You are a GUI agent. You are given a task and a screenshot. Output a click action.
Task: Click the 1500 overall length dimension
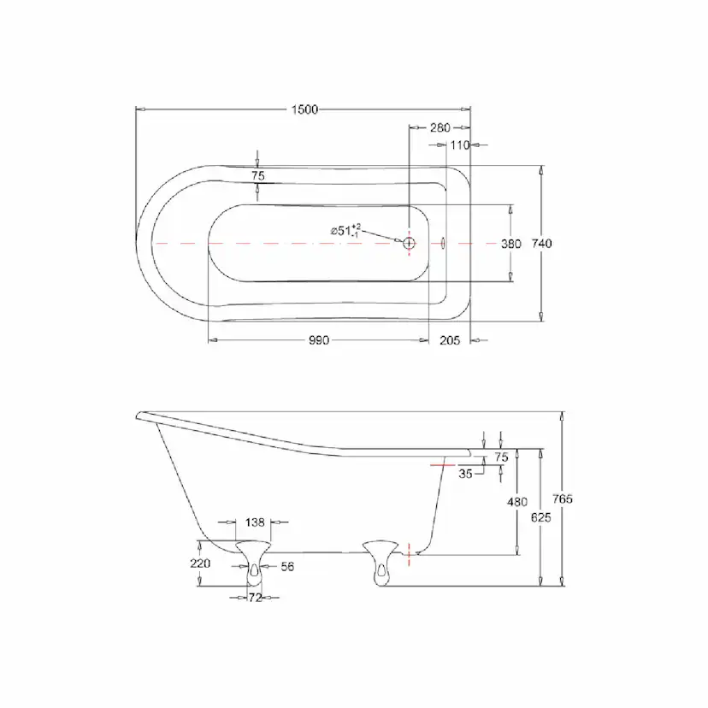[304, 109]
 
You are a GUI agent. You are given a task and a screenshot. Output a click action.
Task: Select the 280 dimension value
[440, 127]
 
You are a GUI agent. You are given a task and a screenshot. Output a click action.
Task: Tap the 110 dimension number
[460, 145]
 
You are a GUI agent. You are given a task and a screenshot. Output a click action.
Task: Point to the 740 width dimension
[542, 244]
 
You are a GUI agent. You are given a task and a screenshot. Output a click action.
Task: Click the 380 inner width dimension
[511, 244]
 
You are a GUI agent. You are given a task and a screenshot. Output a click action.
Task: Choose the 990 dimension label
[319, 340]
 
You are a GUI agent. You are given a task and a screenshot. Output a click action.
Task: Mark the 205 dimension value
[450, 340]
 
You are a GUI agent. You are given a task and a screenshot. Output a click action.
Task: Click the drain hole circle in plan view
[409, 244]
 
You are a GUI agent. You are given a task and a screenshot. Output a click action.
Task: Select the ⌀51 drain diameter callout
[345, 230]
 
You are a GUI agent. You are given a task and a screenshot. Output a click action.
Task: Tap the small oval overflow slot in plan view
[443, 244]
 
